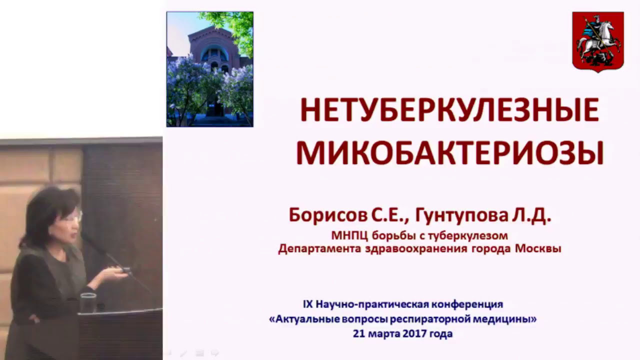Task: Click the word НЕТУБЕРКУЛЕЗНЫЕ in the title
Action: (x=449, y=110)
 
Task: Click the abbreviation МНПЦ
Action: (x=344, y=235)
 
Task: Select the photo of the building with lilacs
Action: (x=209, y=69)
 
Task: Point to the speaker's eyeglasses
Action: (x=74, y=217)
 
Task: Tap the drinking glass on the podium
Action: (x=88, y=302)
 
